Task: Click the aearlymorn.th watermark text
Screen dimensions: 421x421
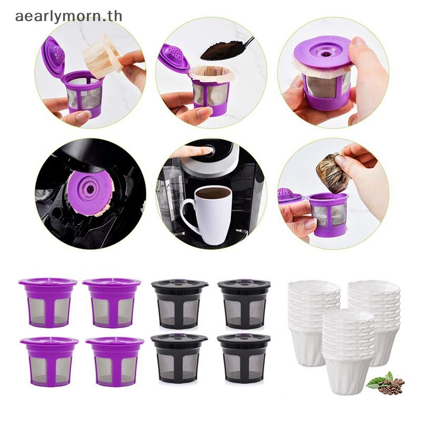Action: (x=68, y=16)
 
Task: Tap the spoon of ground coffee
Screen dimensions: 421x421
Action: (x=223, y=49)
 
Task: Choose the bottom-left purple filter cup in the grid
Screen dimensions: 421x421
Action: (x=49, y=359)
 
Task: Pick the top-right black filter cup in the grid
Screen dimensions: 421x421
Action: (x=244, y=302)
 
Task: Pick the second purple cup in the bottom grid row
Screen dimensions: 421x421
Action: (x=114, y=359)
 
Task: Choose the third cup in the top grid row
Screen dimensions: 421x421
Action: (x=179, y=302)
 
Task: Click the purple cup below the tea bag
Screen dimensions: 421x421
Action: (x=329, y=214)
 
